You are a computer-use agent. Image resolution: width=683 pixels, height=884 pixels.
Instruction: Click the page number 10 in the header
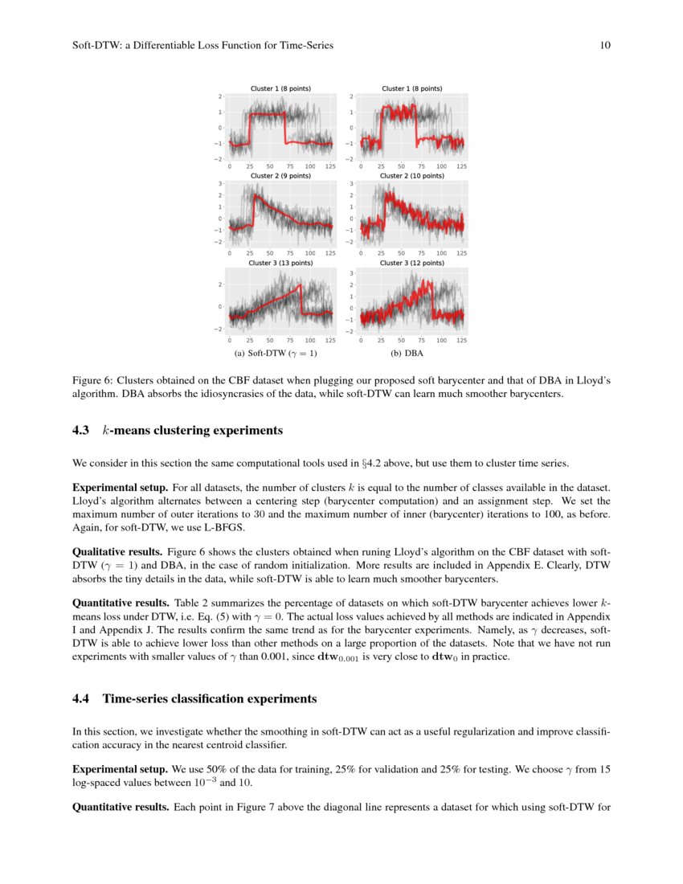click(605, 46)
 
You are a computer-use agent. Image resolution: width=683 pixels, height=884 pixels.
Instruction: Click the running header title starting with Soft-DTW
click(202, 46)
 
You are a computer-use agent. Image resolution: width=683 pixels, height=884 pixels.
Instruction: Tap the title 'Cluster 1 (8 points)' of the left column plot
click(280, 88)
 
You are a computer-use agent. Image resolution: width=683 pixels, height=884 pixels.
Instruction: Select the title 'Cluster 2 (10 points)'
click(411, 175)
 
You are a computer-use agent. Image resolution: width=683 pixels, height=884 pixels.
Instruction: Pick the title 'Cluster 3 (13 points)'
click(280, 263)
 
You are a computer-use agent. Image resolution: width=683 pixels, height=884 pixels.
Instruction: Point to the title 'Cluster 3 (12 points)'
click(411, 263)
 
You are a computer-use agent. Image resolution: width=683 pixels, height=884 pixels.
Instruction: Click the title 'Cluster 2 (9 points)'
click(280, 175)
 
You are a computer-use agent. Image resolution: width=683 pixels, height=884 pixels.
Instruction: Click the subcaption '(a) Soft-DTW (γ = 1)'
click(276, 353)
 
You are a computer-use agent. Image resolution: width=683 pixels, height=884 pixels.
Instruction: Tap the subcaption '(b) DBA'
click(407, 353)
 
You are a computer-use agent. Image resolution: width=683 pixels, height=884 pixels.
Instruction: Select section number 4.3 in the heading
click(81, 431)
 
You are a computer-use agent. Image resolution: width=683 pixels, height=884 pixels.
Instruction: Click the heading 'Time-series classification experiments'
click(210, 699)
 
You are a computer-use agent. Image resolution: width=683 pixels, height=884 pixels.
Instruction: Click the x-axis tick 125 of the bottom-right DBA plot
click(462, 340)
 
